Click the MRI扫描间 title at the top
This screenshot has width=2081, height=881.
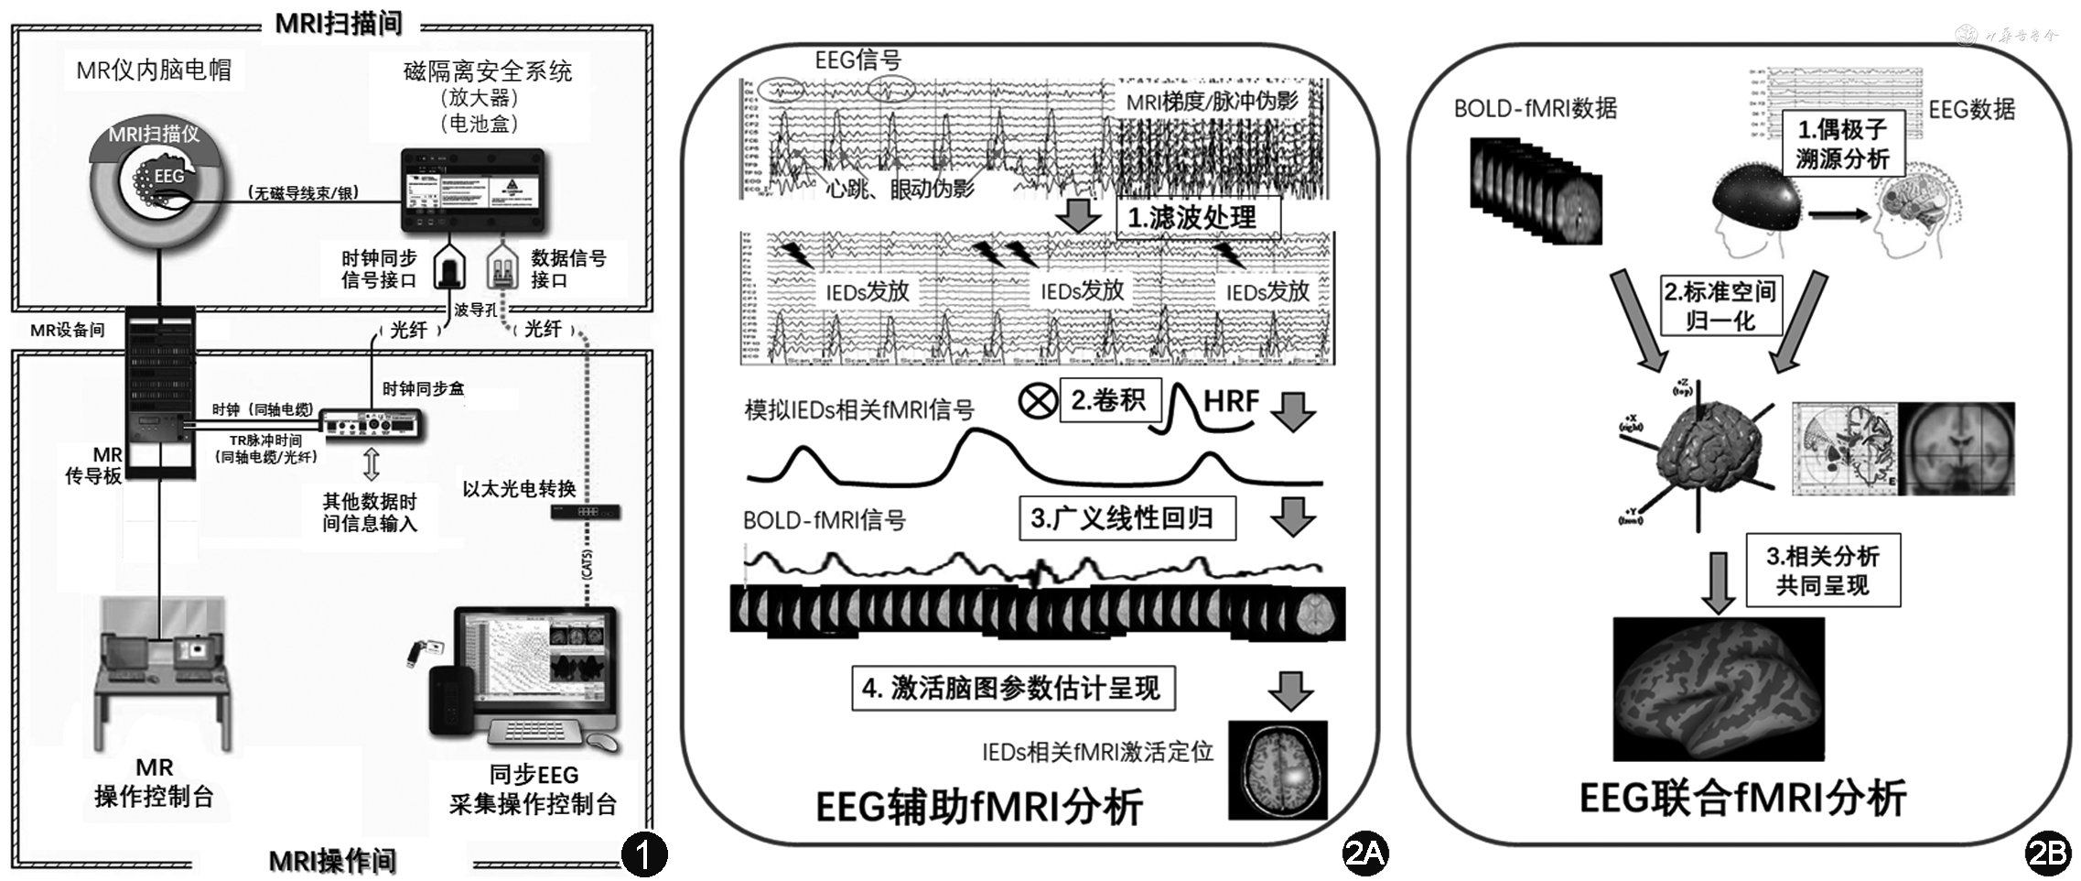(x=339, y=23)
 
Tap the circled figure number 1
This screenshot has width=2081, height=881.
(x=644, y=854)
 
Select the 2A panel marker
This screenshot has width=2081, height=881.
(x=1364, y=854)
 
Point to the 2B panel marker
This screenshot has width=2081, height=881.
(x=2047, y=854)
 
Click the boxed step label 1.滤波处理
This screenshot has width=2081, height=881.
(x=1197, y=218)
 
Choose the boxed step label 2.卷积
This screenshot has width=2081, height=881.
(x=1109, y=400)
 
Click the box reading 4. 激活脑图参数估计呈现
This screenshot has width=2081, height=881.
(x=1012, y=688)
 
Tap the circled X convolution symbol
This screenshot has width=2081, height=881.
(x=1038, y=400)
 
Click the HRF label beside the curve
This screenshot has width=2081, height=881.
(x=1232, y=401)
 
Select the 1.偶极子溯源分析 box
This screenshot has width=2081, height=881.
(x=1842, y=144)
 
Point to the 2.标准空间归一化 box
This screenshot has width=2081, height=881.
(x=1720, y=306)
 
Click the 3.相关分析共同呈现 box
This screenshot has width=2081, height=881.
(x=1823, y=571)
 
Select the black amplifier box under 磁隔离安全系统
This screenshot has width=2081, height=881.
(x=473, y=190)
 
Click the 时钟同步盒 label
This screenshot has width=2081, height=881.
(x=423, y=388)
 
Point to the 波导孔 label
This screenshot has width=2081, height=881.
(x=475, y=310)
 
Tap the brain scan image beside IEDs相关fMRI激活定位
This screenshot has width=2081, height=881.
(x=1278, y=769)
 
